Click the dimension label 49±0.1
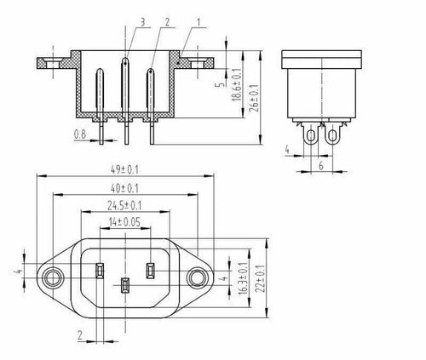(124, 170)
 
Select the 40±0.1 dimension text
(124, 188)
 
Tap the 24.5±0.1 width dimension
(124, 205)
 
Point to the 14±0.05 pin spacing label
(124, 222)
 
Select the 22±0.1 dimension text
(260, 278)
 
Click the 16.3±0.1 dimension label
(243, 278)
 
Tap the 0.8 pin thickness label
(80, 134)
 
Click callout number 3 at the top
(142, 22)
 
